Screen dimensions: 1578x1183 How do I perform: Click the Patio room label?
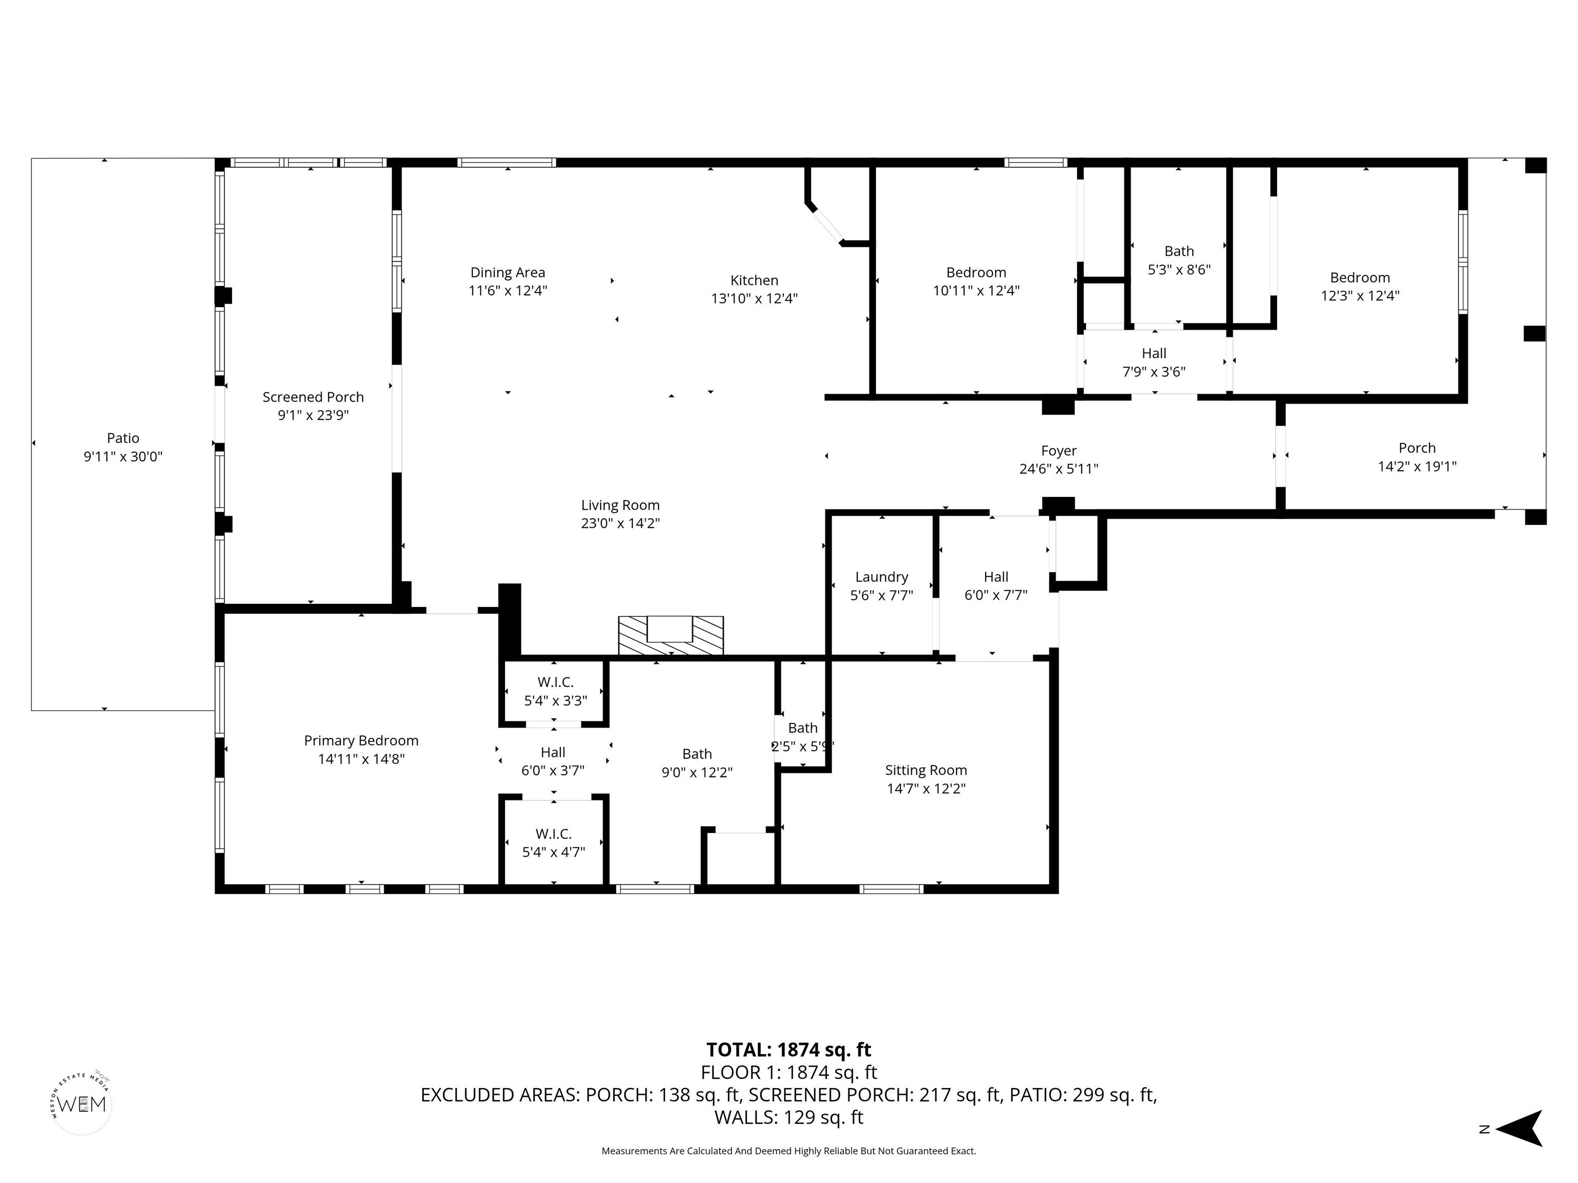pyautogui.click(x=123, y=438)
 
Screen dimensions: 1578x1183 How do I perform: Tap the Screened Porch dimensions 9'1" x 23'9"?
pyautogui.click(x=313, y=415)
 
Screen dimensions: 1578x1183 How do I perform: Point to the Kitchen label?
pyautogui.click(x=754, y=280)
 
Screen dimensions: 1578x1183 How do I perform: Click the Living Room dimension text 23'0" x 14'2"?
pyautogui.click(x=620, y=523)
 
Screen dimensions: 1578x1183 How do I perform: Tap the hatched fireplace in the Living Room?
pyautogui.click(x=670, y=635)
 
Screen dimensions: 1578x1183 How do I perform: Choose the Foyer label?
pyautogui.click(x=1059, y=451)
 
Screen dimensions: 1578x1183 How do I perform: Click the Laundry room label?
pyautogui.click(x=882, y=577)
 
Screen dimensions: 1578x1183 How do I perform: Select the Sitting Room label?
pyautogui.click(x=926, y=770)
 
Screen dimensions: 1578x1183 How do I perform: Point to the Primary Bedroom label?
pyautogui.click(x=361, y=741)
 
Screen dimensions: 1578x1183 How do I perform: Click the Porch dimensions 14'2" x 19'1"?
pyautogui.click(x=1417, y=466)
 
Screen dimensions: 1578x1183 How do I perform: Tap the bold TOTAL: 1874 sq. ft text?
pyautogui.click(x=788, y=1050)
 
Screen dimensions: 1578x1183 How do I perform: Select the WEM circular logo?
pyautogui.click(x=83, y=1103)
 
